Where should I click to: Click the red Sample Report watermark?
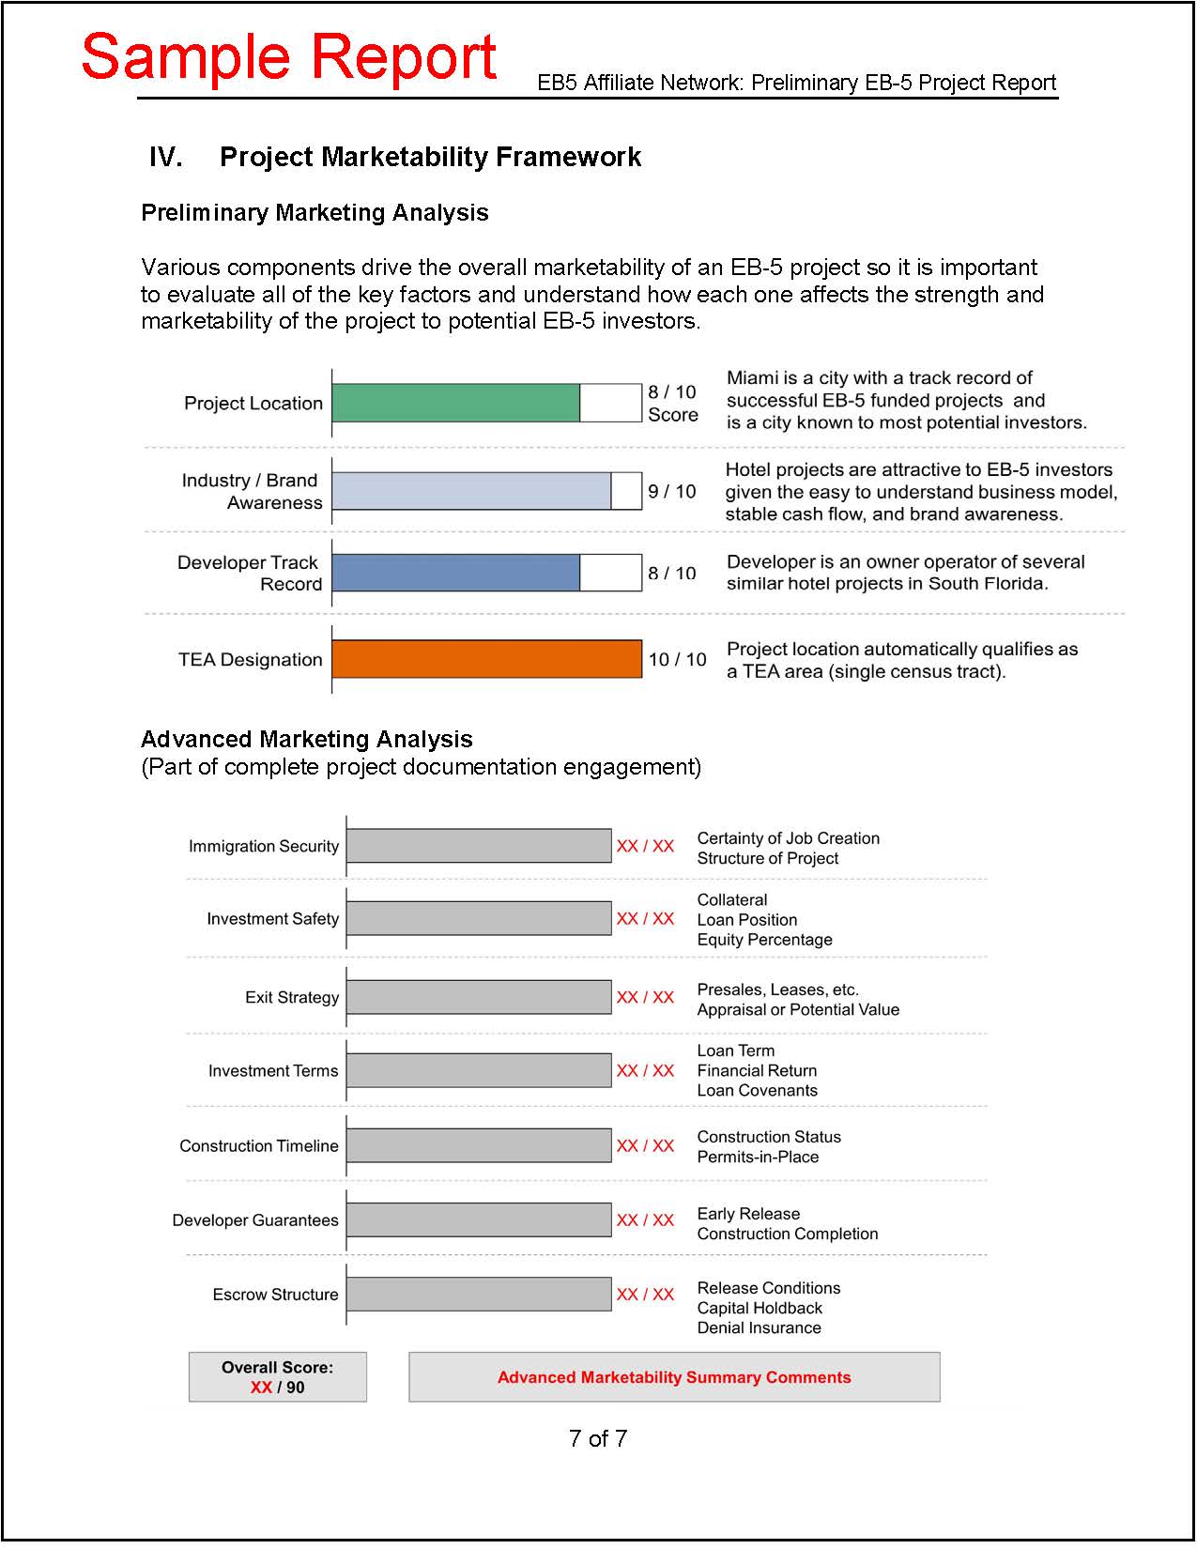[x=289, y=57]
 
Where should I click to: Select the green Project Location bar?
[x=456, y=403]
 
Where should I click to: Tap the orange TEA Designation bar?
[x=486, y=659]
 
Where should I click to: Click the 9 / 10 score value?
[x=672, y=491]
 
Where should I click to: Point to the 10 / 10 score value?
[x=677, y=659]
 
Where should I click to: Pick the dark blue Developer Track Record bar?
[x=456, y=573]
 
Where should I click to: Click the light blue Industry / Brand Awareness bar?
[x=471, y=491]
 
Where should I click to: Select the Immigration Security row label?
[x=263, y=846]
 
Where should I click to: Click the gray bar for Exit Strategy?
[x=479, y=997]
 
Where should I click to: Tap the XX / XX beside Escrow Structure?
[x=645, y=1295]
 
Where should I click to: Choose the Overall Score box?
[x=278, y=1377]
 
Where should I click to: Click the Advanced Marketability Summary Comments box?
[x=674, y=1377]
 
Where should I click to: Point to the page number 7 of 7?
[x=598, y=1438]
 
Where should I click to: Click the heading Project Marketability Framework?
[x=430, y=157]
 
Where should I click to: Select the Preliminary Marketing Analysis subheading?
[x=315, y=213]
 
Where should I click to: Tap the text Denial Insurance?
[x=759, y=1327]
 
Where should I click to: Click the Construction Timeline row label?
[x=259, y=1145]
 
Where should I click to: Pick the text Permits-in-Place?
[x=758, y=1157]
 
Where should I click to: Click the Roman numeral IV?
[x=165, y=157]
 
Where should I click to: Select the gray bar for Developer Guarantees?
[x=479, y=1219]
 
